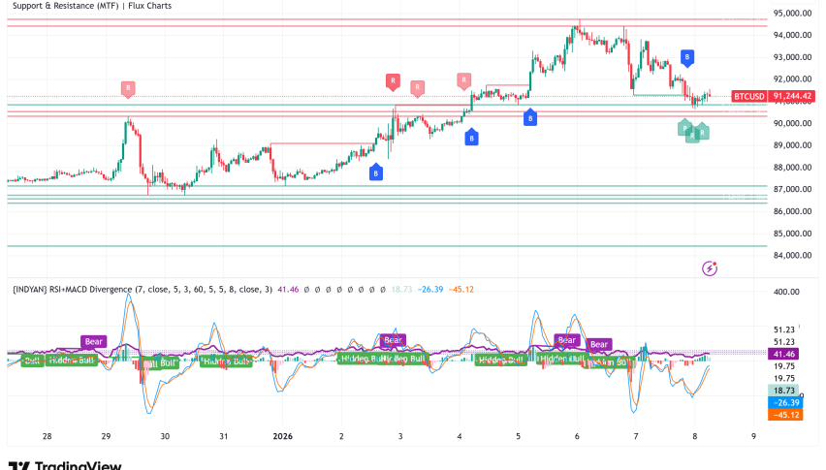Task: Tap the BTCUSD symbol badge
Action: click(747, 96)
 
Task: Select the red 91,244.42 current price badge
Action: click(792, 96)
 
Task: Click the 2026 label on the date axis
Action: click(282, 436)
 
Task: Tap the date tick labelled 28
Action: click(47, 436)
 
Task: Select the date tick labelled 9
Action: click(753, 436)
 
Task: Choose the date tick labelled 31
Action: click(224, 436)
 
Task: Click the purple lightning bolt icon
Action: click(710, 267)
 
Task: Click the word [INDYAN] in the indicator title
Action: click(34, 289)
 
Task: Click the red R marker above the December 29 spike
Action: click(127, 88)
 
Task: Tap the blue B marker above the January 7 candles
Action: click(686, 58)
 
